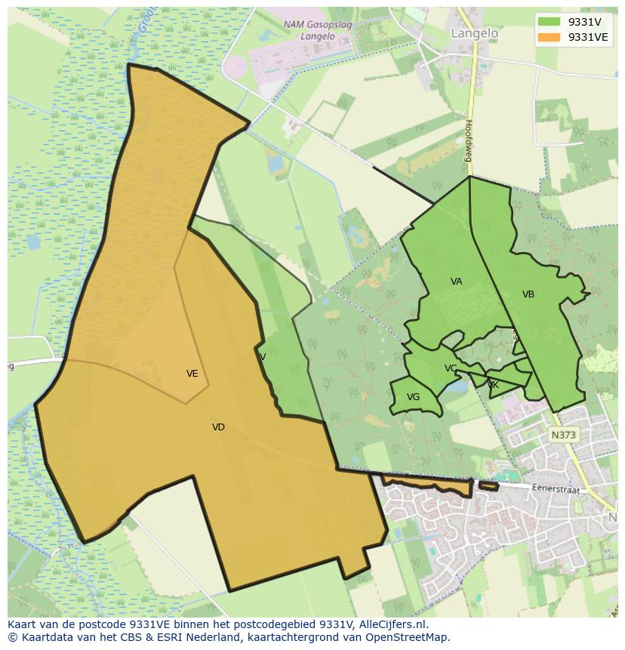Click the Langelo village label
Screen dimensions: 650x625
click(474, 33)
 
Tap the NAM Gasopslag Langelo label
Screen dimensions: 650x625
click(306, 29)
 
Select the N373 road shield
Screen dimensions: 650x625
click(562, 435)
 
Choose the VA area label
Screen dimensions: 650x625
click(456, 282)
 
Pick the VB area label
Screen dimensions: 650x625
click(528, 294)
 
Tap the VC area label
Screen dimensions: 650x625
click(451, 368)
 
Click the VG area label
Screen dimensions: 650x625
click(413, 397)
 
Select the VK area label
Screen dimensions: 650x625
click(493, 385)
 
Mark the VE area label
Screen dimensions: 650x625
click(192, 374)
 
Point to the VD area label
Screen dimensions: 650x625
click(218, 427)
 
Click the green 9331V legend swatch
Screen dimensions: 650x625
click(550, 23)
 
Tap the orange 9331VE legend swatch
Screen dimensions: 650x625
click(550, 38)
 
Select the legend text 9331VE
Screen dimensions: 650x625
click(588, 38)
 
